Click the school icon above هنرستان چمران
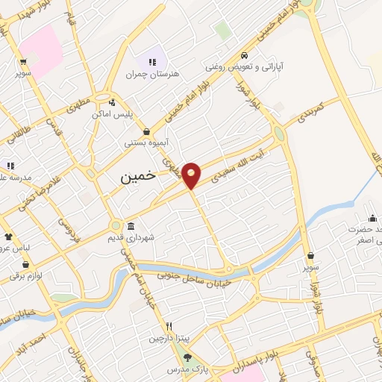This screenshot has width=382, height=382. (x=153, y=62)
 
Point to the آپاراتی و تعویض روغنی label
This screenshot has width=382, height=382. (x=245, y=67)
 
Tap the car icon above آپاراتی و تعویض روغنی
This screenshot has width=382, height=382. (x=245, y=55)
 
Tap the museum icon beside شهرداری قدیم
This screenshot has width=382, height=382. (x=131, y=226)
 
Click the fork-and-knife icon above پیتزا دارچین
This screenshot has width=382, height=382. (x=169, y=326)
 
